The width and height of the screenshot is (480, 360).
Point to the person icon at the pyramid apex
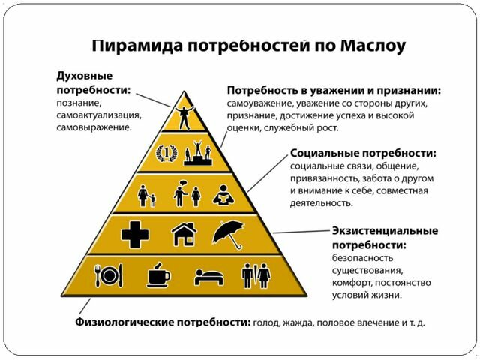[x=183, y=115]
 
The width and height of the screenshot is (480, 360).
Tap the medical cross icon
[x=135, y=235]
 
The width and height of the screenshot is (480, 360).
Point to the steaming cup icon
[x=157, y=275]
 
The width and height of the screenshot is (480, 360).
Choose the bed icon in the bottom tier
[x=208, y=277]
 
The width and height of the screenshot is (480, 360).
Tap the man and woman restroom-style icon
[x=256, y=275]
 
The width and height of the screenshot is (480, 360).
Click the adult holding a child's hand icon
[x=147, y=196]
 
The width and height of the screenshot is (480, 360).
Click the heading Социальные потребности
[x=363, y=153]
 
